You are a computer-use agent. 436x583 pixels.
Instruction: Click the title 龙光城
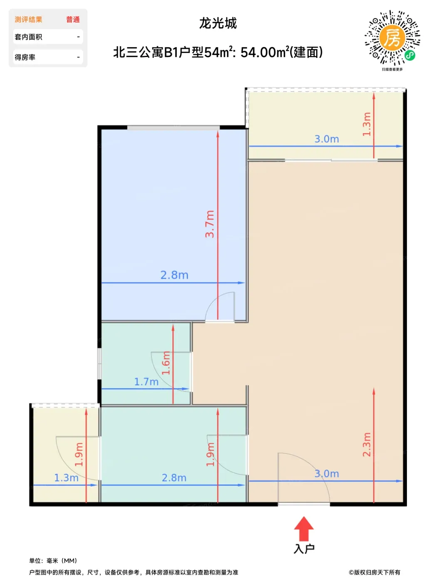point(218,23)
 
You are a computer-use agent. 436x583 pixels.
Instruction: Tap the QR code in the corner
point(392,38)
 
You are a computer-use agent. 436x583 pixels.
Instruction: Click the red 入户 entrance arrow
point(304,528)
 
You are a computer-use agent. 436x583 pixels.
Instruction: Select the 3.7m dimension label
point(210,224)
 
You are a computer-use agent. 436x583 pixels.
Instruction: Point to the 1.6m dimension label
point(166,363)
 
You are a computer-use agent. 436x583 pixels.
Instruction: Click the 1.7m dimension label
point(146,382)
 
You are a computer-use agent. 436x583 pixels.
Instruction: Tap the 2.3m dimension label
point(367,445)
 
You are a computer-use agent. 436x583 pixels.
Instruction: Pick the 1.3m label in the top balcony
point(367,124)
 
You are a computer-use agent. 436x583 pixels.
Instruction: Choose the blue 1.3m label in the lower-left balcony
point(66,478)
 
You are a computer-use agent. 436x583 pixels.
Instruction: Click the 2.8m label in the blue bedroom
point(174,275)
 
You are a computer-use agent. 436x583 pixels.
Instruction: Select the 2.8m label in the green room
point(174,478)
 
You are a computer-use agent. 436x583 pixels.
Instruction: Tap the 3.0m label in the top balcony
point(327,139)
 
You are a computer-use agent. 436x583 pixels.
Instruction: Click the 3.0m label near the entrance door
point(327,473)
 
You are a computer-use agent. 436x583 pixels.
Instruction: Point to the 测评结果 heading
point(28,20)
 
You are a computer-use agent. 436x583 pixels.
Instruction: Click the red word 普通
point(73,20)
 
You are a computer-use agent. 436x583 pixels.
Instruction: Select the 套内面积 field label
point(28,37)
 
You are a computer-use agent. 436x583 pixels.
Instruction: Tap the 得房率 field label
point(25,57)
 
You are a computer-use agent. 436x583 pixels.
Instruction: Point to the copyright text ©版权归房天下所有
point(374,572)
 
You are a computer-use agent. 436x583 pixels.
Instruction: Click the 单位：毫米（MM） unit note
point(53,561)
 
